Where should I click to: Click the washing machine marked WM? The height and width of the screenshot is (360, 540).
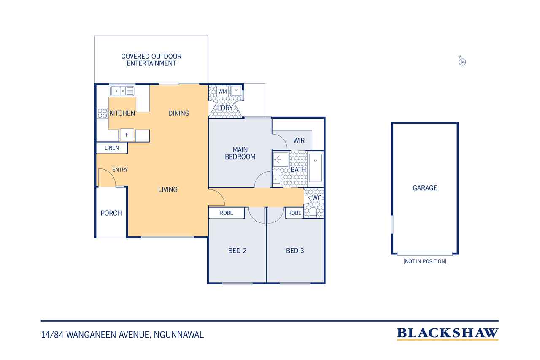(222, 92)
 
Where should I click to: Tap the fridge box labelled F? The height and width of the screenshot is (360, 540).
(127, 135)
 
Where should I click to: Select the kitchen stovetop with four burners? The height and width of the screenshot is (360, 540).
(102, 113)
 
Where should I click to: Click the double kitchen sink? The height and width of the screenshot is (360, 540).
(122, 91)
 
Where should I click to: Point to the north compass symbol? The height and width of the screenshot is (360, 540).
(462, 62)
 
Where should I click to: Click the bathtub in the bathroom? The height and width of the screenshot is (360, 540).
(315, 168)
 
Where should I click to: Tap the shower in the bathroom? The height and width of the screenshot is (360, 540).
(281, 159)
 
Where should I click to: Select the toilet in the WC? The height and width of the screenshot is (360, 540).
(313, 212)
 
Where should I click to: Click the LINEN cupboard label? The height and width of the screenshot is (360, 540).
(112, 148)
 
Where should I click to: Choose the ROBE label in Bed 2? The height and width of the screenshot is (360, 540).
(227, 213)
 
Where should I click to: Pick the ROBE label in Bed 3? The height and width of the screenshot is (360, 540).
(294, 213)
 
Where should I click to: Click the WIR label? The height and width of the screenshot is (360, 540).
(299, 141)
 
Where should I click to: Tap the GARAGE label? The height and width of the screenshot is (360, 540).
(425, 188)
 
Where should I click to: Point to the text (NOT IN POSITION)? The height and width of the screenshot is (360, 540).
(425, 261)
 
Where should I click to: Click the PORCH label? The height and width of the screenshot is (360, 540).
(111, 213)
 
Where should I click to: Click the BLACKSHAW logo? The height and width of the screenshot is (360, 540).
(448, 333)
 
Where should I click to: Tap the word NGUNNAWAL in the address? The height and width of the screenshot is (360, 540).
(178, 335)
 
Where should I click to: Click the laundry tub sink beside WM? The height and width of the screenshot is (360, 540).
(236, 90)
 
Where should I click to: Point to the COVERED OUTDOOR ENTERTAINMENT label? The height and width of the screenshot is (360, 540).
(151, 60)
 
